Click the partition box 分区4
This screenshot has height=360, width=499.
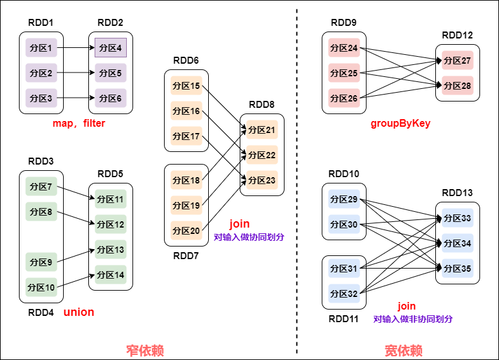click(x=110, y=48)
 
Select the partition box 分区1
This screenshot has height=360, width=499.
click(x=41, y=48)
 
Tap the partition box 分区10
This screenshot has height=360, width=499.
click(x=41, y=287)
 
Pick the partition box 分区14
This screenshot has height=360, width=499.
click(x=110, y=275)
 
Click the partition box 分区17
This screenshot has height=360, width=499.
click(x=186, y=136)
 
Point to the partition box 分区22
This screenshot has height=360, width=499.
click(x=262, y=155)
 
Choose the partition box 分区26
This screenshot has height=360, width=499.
click(x=344, y=98)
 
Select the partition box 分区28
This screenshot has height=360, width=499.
click(x=457, y=86)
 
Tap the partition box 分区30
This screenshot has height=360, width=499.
click(x=344, y=224)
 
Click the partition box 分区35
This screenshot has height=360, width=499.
click(x=457, y=269)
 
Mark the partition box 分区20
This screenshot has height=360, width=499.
click(x=186, y=231)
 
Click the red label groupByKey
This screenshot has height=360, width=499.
click(x=401, y=124)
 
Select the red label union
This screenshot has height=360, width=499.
click(x=79, y=312)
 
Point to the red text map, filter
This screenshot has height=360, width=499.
click(x=79, y=124)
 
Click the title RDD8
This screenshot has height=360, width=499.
click(x=262, y=105)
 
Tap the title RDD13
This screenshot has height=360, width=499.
click(x=457, y=193)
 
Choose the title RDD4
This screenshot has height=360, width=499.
click(x=41, y=312)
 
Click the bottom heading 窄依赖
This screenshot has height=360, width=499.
click(x=145, y=351)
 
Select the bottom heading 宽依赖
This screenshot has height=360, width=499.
click(x=404, y=351)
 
